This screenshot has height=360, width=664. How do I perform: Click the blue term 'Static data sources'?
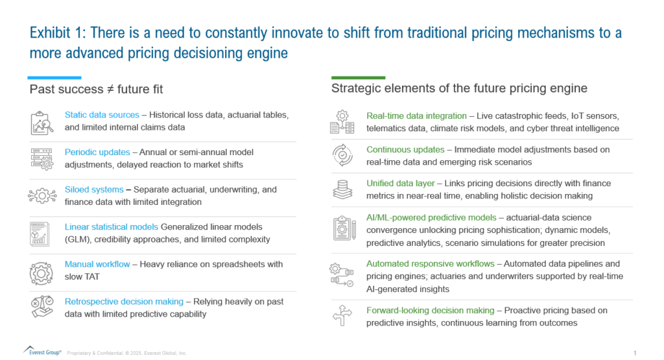(102, 115)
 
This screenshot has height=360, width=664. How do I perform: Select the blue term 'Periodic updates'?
(97, 152)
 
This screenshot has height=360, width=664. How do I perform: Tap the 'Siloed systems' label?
(94, 189)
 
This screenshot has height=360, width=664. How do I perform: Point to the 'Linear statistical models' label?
(111, 226)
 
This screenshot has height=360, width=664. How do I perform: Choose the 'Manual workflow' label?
(97, 264)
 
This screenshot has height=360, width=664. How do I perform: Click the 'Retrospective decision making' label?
(124, 301)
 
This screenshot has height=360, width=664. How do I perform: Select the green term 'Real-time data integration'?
(416, 115)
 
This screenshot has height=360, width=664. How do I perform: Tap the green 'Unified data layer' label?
(400, 183)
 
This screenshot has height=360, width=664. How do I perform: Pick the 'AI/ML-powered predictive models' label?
(431, 217)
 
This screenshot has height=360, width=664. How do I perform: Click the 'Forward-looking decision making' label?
(430, 310)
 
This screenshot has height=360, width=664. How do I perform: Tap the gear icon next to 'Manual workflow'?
(41, 273)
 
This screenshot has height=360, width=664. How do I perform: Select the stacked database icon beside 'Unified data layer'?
(342, 189)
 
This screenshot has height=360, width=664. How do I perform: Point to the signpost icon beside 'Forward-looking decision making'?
(342, 315)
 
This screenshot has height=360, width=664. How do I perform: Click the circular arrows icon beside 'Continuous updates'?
(342, 155)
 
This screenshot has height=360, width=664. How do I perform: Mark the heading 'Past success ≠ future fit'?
(96, 90)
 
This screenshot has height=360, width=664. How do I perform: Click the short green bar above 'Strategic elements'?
(358, 77)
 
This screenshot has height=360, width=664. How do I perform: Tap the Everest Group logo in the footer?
(42, 351)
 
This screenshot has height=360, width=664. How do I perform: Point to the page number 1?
(635, 353)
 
